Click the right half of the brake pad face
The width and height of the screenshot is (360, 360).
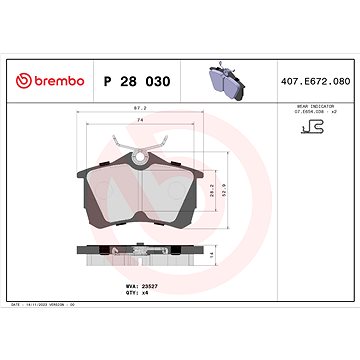tap(172, 190)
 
